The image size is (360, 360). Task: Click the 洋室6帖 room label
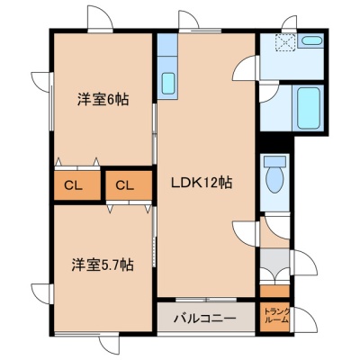pos(103,100)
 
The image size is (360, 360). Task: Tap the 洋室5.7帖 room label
pos(103,265)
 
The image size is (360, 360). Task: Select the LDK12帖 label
pos(202,182)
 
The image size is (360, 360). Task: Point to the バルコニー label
pos(205,319)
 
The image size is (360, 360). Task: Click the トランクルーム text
pos(277,316)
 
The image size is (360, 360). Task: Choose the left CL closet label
pos(73,186)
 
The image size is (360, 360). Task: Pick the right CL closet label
pos(124,186)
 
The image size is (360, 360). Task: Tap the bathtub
pos(308,108)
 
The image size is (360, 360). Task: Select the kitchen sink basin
pos(168,84)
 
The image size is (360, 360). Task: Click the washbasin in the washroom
pos(310,40)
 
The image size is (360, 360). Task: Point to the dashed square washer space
pos(286,42)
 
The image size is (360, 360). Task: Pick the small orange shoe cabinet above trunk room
pos(274,291)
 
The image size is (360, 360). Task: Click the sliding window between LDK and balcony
pos(206,300)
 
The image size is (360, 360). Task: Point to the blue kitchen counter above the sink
pos(167,44)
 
